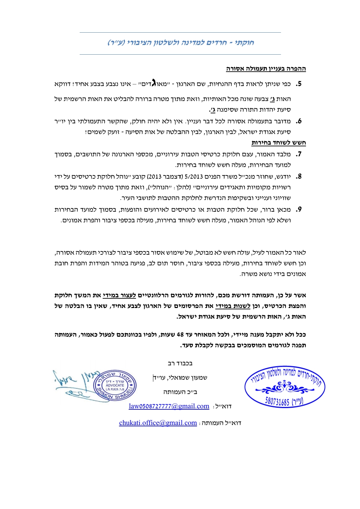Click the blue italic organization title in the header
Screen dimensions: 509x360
[180, 43]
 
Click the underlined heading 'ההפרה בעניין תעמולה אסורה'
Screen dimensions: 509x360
[266, 69]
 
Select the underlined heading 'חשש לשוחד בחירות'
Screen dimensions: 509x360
[278, 143]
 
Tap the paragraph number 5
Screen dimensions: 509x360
[299, 84]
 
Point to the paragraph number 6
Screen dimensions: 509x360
[299, 121]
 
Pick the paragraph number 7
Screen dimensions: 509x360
[299, 154]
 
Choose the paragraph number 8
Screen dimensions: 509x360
[299, 176]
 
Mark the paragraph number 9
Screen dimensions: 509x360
[299, 209]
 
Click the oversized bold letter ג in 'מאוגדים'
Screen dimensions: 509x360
[154, 83]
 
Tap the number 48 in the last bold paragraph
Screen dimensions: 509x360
[180, 334]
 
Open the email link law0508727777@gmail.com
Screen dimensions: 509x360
[169, 406]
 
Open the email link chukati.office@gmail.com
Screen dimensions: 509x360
[158, 423]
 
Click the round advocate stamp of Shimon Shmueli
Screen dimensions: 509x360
[115, 385]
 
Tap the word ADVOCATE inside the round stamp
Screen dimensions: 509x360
[115, 385]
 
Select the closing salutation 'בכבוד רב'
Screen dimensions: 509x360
[180, 363]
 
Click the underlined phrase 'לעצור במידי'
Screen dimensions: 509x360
[119, 295]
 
